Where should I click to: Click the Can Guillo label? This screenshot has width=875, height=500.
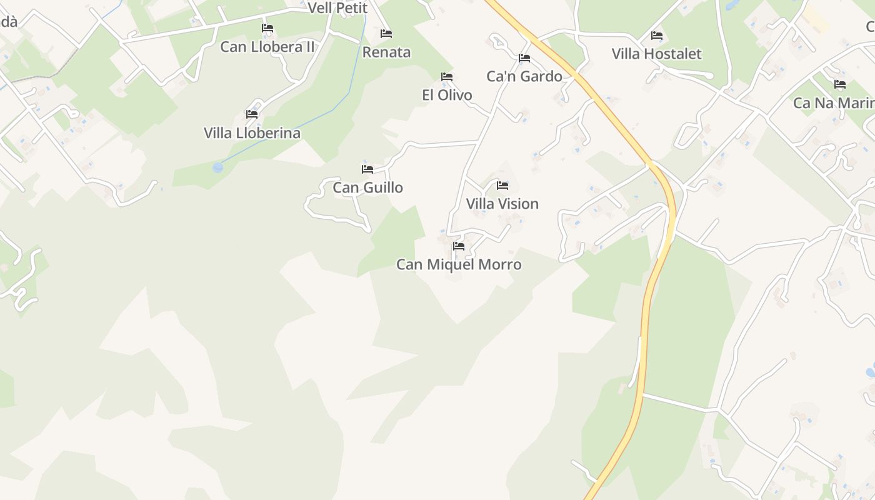367,187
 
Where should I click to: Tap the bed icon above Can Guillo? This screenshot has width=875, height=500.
367,169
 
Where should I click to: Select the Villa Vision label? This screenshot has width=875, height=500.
502,204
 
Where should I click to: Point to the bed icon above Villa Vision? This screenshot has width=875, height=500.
502,185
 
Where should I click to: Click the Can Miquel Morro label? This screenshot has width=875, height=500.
459,264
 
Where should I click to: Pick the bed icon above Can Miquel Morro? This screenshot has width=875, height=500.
459,246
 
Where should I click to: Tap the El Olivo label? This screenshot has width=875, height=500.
447,95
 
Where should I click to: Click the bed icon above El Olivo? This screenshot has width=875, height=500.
447,76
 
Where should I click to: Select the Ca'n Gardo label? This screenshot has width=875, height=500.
524,76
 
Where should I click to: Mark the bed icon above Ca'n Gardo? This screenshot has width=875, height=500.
524,57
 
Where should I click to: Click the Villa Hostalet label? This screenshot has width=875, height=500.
656,54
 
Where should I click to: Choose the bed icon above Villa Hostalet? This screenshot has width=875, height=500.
657,35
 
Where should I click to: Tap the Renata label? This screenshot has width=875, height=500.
386,52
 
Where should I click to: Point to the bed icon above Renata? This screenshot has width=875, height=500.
386,33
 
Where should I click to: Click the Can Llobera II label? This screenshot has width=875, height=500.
267,47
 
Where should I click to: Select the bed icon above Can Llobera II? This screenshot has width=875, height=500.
267,27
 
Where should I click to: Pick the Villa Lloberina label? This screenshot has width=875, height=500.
252,133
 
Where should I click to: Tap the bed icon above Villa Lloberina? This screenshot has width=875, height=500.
252,114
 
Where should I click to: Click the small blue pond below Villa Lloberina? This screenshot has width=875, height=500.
217,167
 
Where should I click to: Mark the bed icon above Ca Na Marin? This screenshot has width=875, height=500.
840,84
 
